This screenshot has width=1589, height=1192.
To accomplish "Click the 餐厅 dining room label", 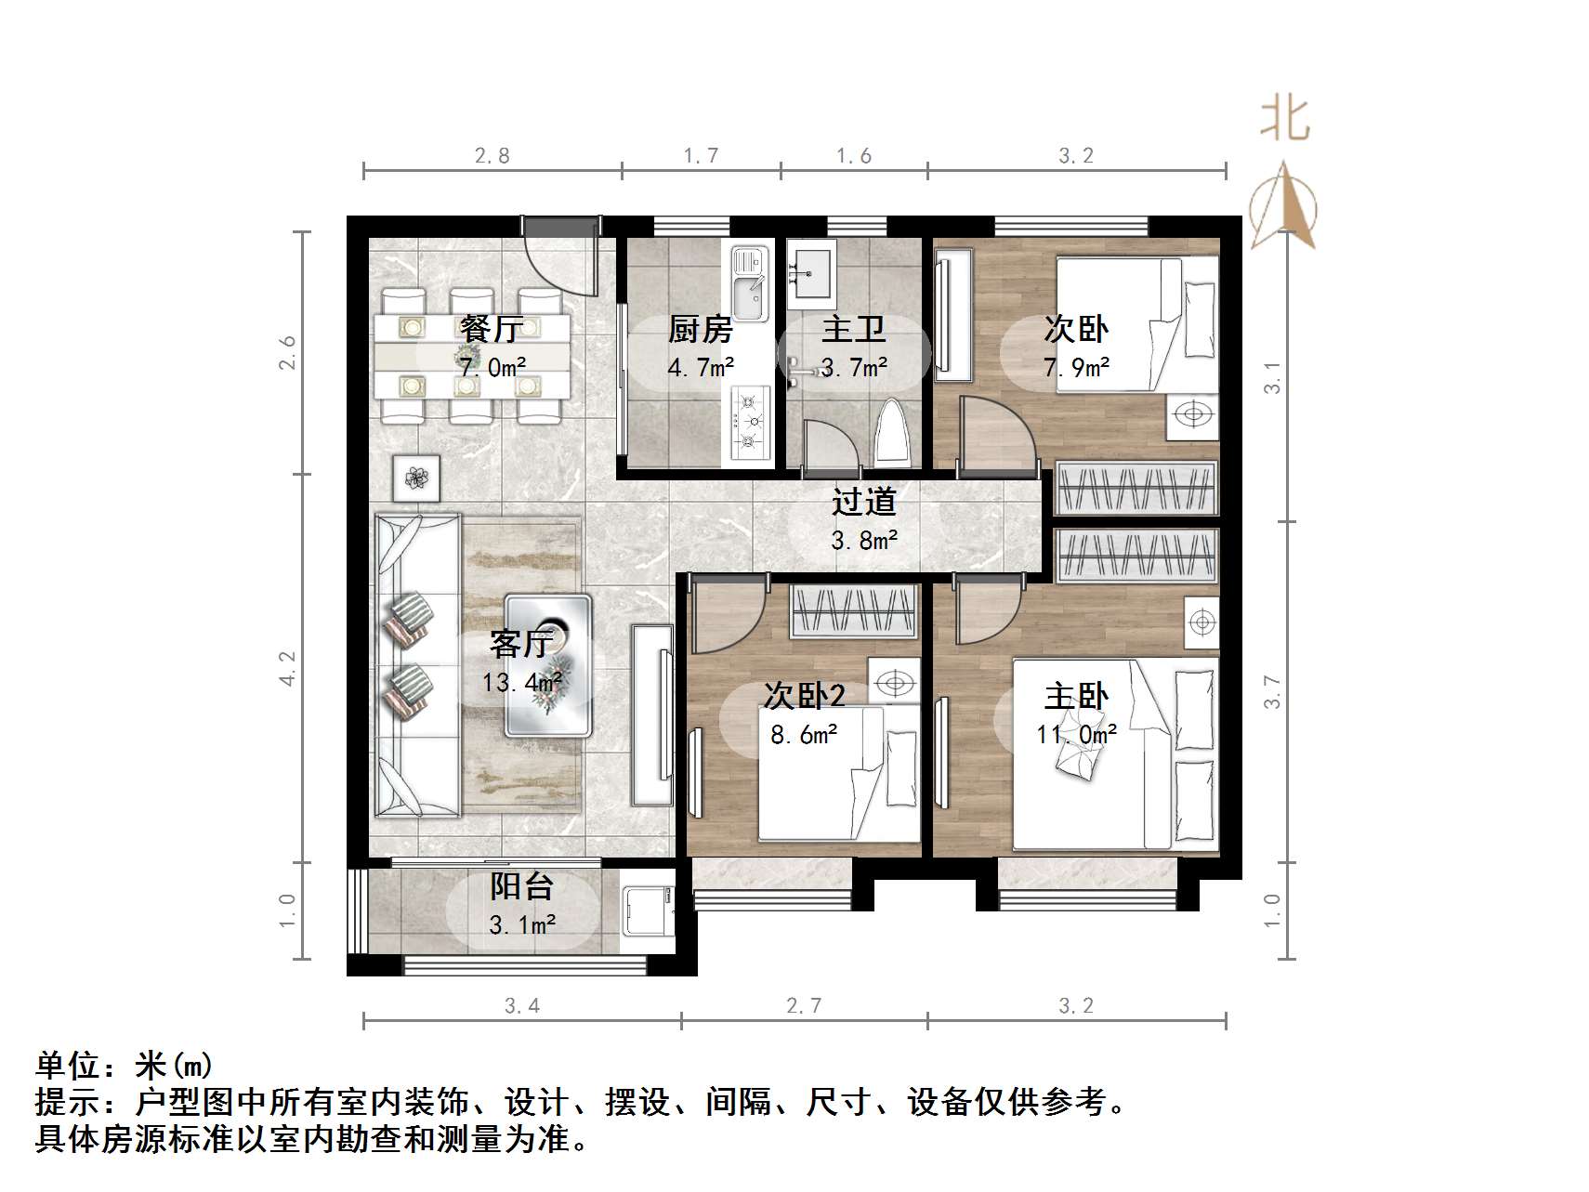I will click(x=491, y=329).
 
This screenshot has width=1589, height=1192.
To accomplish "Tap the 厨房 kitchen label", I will click(x=701, y=329).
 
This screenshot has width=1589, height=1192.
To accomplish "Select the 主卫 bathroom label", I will click(x=853, y=329).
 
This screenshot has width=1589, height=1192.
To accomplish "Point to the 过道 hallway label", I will click(x=863, y=502).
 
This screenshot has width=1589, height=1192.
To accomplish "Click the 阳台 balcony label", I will click(x=521, y=886).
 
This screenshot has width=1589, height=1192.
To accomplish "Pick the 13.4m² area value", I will click(x=521, y=683).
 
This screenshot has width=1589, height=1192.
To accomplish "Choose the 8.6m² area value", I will click(x=804, y=735).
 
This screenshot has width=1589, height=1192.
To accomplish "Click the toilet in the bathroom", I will click(x=893, y=434).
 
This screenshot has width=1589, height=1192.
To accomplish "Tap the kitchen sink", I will click(x=749, y=282).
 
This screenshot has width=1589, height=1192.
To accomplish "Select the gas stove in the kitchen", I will click(x=750, y=424).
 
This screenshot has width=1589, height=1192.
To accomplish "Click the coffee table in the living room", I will click(x=548, y=665).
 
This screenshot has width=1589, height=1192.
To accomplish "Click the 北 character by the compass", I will click(x=1284, y=119).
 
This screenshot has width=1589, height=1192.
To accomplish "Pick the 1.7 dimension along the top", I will click(x=701, y=155).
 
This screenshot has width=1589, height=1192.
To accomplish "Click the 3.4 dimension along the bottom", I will click(x=521, y=1005).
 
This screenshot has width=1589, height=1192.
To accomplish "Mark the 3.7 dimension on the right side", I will click(x=1272, y=692).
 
